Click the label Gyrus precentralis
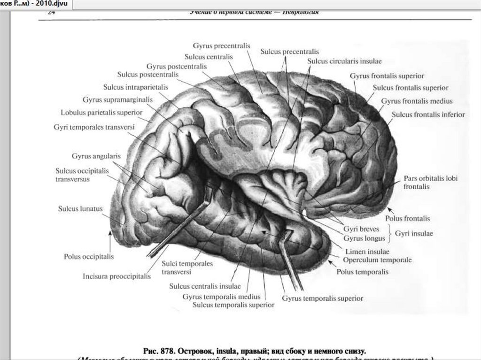tap(221, 46)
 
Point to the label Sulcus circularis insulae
tap(345, 61)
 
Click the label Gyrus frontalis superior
tap(387, 76)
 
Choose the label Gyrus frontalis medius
tap(417, 101)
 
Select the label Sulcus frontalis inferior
tap(428, 115)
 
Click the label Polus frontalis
tap(407, 218)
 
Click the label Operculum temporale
tap(377, 260)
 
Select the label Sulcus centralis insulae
tap(205, 286)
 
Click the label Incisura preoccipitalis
tap(116, 276)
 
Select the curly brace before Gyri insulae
tap(390, 233)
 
